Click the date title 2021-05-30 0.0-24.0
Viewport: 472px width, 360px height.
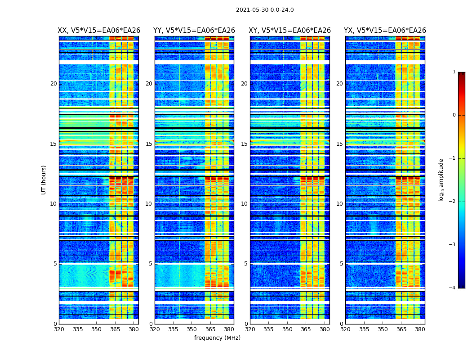point(265,10)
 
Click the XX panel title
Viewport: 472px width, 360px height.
point(99,31)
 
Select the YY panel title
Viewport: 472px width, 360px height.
point(194,31)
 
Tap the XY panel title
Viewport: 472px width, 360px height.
point(289,31)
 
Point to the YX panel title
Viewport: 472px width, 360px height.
point(385,31)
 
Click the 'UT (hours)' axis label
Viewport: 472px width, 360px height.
point(44,180)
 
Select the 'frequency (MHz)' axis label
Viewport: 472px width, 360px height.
point(217,338)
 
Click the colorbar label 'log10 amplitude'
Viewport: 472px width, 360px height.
point(441,180)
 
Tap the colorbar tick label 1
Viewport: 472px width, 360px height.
point(454,72)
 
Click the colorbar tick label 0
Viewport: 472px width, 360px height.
point(454,115)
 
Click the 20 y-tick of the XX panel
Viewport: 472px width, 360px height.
point(53,84)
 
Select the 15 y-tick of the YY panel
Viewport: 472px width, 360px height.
point(149,144)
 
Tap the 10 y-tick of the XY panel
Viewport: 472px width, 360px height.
point(244,204)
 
